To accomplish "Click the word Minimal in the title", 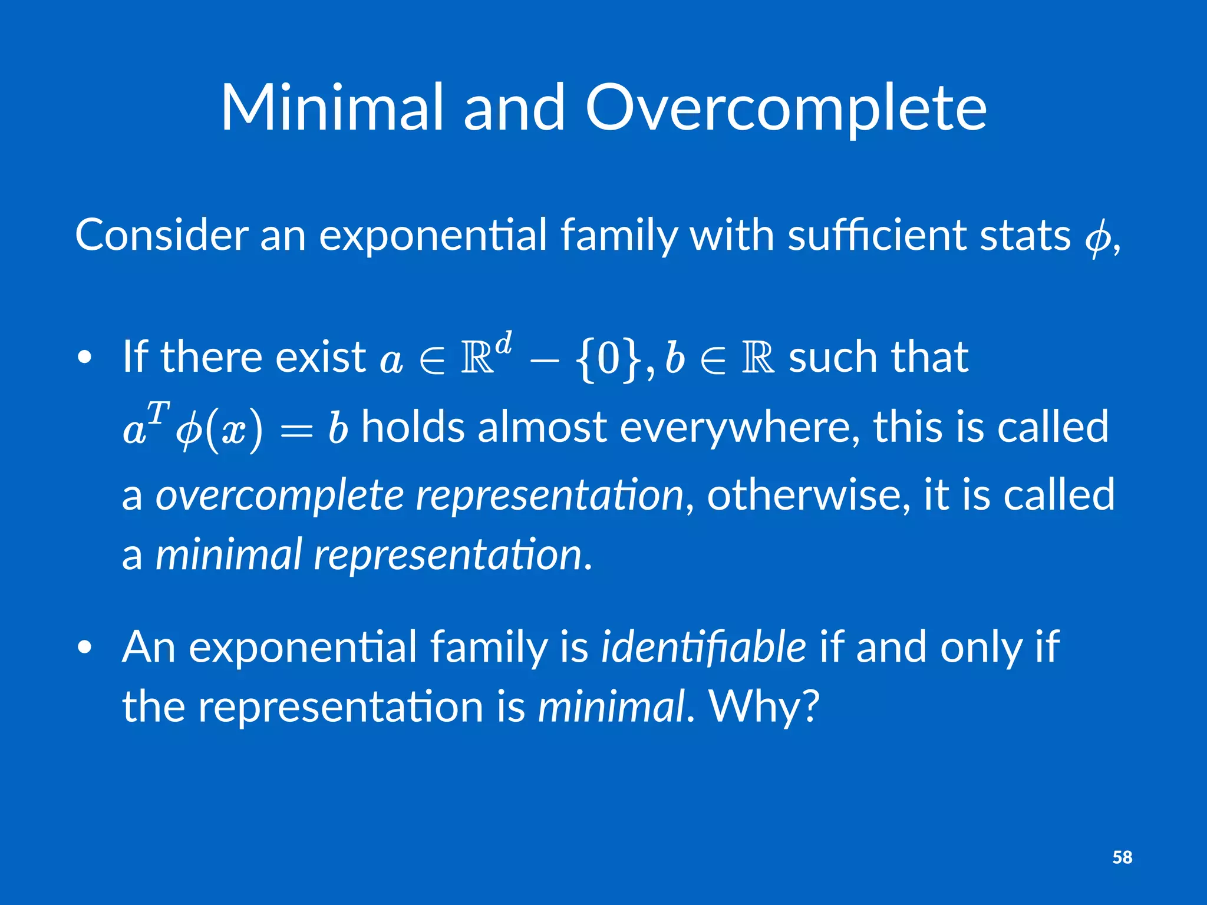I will pyautogui.click(x=331, y=108).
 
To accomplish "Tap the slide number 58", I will pyautogui.click(x=1122, y=857).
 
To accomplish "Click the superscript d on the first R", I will pyautogui.click(x=503, y=342).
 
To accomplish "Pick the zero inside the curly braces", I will pyautogui.click(x=608, y=359).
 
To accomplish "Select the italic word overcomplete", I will pyautogui.click(x=279, y=496).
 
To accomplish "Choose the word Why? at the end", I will pyautogui.click(x=764, y=706).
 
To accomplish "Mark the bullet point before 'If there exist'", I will pyautogui.click(x=85, y=358).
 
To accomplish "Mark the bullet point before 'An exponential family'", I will pyautogui.click(x=85, y=648).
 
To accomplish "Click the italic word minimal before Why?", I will pyautogui.click(x=612, y=706).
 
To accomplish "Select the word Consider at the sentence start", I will pyautogui.click(x=161, y=236).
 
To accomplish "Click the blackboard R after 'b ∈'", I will pyautogui.click(x=757, y=358).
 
